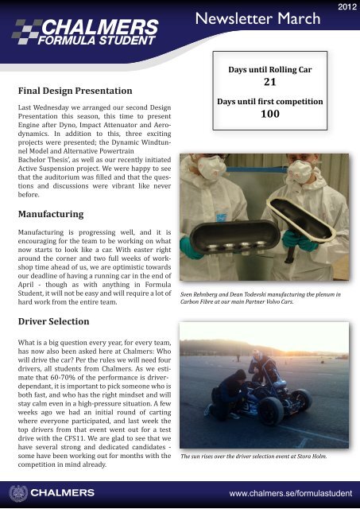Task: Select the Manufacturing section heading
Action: [52, 215]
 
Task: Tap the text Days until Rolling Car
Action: [269, 69]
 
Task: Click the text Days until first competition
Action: [269, 101]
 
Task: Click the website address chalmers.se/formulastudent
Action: [290, 495]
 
